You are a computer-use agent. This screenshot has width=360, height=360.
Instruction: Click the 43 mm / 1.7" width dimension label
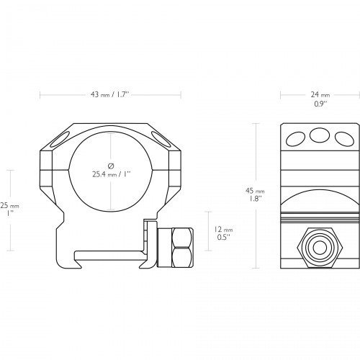click(x=110, y=94)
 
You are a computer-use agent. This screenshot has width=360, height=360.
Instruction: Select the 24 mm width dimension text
click(x=320, y=95)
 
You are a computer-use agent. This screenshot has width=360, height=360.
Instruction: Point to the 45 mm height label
click(x=255, y=191)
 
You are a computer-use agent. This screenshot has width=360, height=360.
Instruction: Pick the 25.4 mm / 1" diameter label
click(x=112, y=174)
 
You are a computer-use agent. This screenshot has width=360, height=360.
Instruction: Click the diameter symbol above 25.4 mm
click(x=111, y=166)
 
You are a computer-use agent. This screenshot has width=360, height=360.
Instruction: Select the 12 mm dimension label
click(x=223, y=230)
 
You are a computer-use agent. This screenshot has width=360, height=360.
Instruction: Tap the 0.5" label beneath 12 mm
click(x=224, y=238)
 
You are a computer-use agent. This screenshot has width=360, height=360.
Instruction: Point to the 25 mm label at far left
click(x=9, y=206)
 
